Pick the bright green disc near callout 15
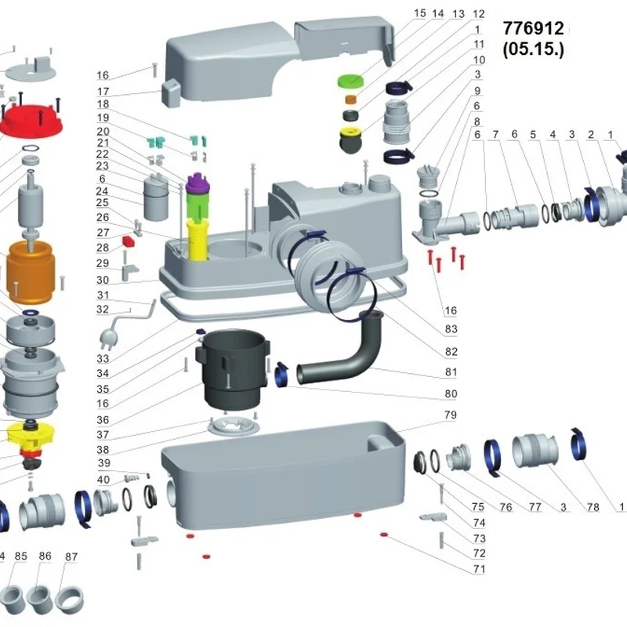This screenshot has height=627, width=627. click(x=350, y=80)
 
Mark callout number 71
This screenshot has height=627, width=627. click(x=478, y=569)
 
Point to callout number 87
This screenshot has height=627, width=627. click(x=71, y=556)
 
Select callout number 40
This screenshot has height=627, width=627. click(x=103, y=480)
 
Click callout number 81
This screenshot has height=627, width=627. click(x=451, y=371)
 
